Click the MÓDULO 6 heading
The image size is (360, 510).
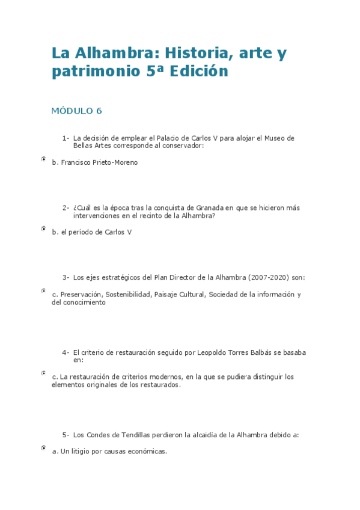(77, 111)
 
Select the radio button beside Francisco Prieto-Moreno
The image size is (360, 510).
(44, 159)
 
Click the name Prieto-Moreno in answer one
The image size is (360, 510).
(115, 162)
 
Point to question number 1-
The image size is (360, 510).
(66, 138)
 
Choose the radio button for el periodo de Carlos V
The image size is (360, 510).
(44, 229)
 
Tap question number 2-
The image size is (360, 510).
(66, 207)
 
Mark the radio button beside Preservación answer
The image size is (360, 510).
(44, 290)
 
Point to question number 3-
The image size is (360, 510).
(66, 277)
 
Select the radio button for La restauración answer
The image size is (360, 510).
(44, 373)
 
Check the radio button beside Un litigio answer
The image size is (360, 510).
(44, 448)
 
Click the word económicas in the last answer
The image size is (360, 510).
(144, 451)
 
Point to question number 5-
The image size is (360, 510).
(66, 435)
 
